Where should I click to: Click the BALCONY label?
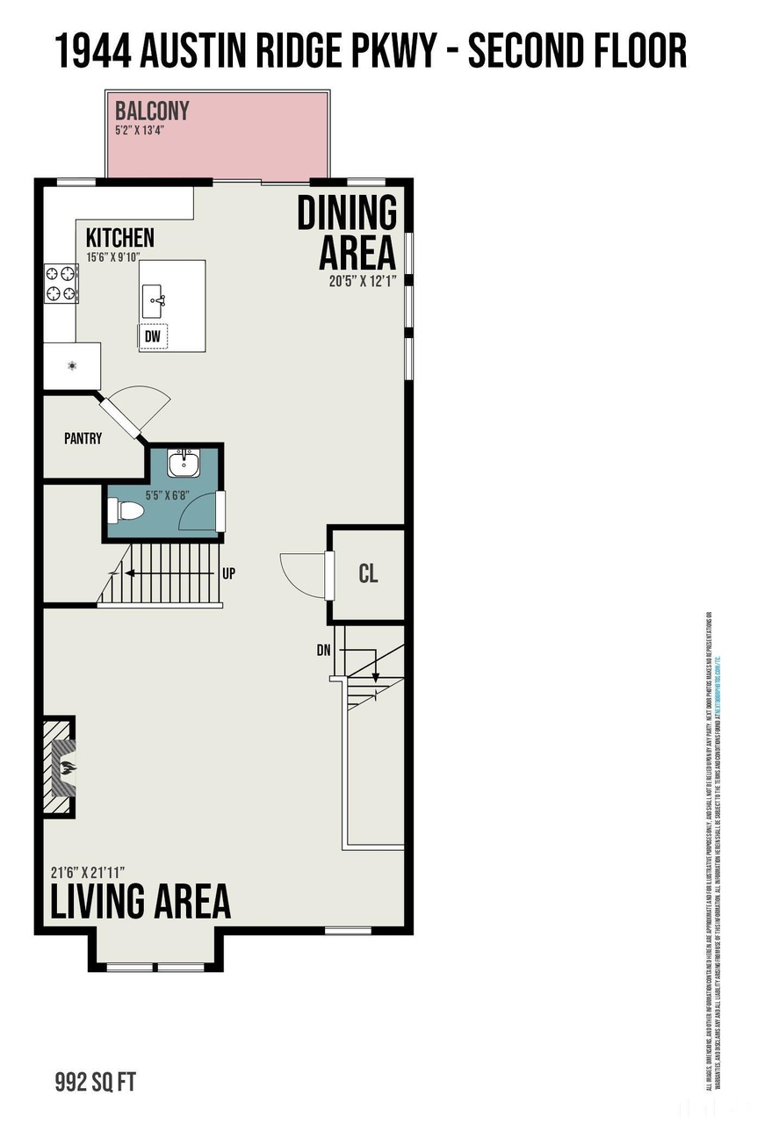point(152,112)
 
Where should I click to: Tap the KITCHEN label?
point(119,238)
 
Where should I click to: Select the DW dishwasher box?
point(153,335)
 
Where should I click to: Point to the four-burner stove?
point(61,284)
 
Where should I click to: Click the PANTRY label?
point(83,438)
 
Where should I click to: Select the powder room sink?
point(184,462)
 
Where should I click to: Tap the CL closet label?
point(368,574)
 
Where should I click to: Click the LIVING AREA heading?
point(140,902)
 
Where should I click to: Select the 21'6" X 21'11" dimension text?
point(87,872)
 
